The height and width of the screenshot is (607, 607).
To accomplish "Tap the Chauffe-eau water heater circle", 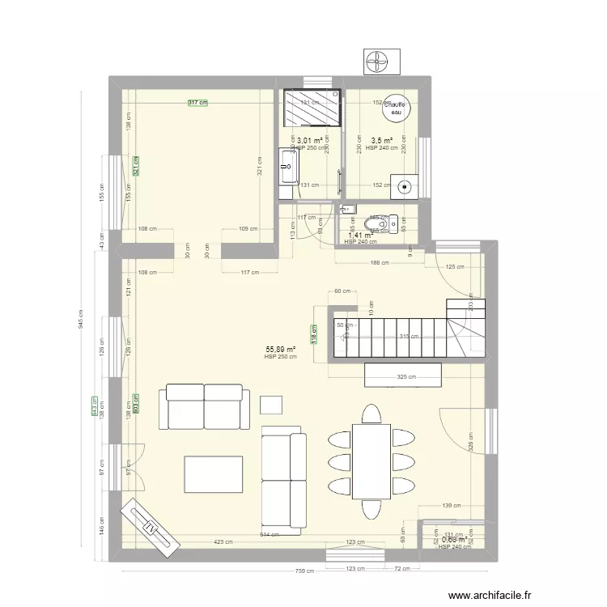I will [x=395, y=108].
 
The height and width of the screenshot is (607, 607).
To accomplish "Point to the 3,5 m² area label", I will [x=382, y=139].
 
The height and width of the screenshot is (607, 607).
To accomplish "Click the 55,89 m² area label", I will [x=280, y=350].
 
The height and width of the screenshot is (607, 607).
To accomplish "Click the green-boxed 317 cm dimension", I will [x=197, y=103].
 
